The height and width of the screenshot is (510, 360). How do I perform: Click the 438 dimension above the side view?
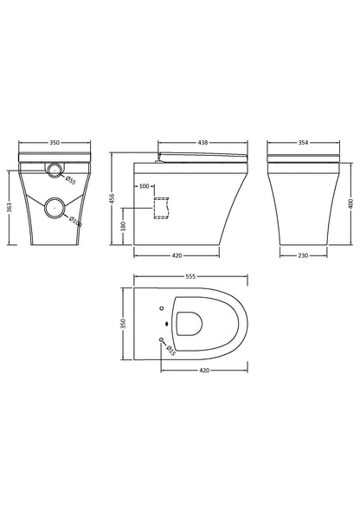(202, 143)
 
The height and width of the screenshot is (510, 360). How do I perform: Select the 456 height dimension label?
(112, 199)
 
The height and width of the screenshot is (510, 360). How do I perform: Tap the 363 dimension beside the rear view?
(10, 207)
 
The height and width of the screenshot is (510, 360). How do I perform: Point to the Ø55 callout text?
(71, 180)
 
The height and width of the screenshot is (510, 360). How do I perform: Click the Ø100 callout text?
(75, 221)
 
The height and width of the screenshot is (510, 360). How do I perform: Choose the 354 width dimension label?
(303, 143)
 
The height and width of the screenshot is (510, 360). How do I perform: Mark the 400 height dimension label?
(350, 204)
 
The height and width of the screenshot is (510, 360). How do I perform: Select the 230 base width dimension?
(303, 255)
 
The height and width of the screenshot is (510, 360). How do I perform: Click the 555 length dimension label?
(190, 276)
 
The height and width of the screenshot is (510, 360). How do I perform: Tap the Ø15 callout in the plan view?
(170, 351)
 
